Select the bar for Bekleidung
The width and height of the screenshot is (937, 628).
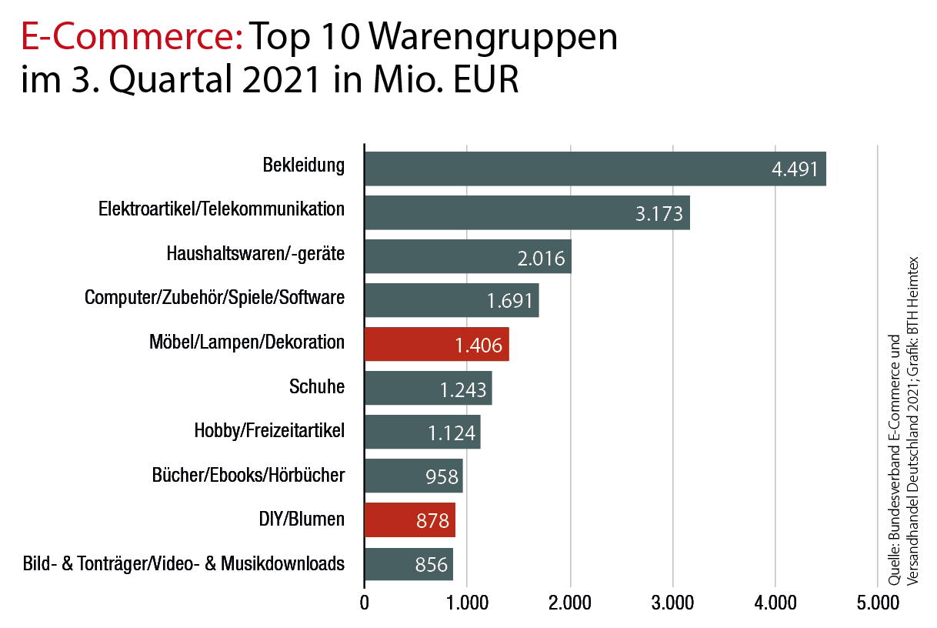(594, 169)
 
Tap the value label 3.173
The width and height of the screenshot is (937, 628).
(659, 214)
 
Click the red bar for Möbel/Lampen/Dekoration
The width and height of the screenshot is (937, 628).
(436, 344)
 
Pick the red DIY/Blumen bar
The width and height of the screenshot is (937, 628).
(409, 520)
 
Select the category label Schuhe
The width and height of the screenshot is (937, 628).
(317, 386)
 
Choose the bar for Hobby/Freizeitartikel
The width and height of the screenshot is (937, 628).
(422, 432)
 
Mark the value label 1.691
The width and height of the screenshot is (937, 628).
(510, 301)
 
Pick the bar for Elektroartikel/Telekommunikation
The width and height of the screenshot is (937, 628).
(526, 212)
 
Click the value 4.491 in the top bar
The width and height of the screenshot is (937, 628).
(795, 170)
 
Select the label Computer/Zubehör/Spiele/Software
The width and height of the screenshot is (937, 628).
(215, 298)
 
